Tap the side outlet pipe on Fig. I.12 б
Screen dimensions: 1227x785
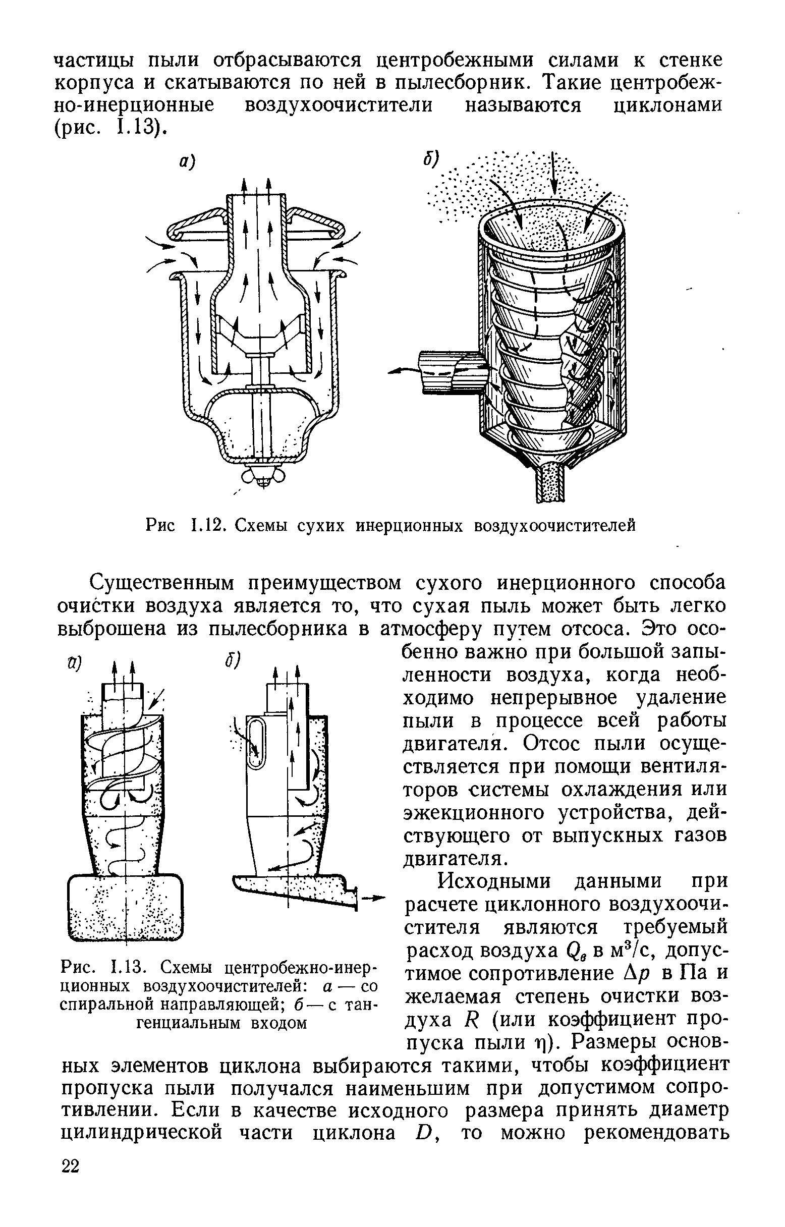coord(449,372)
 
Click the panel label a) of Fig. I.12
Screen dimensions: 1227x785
coord(186,161)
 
